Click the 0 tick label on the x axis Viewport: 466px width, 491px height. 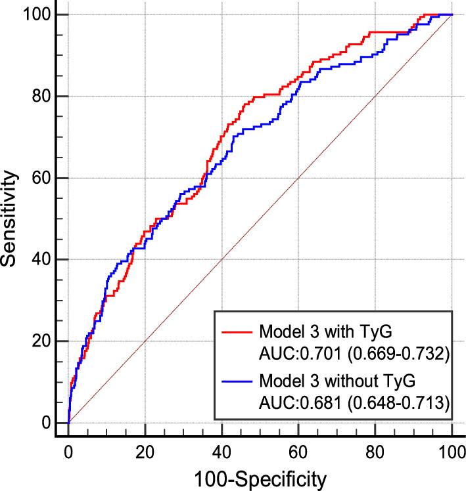tap(68, 450)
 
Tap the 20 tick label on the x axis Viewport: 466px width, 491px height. tap(145, 450)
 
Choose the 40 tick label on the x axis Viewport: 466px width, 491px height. tap(221, 450)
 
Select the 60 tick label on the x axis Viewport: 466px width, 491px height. tap(298, 450)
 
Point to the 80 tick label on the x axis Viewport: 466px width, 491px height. tap(375, 450)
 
